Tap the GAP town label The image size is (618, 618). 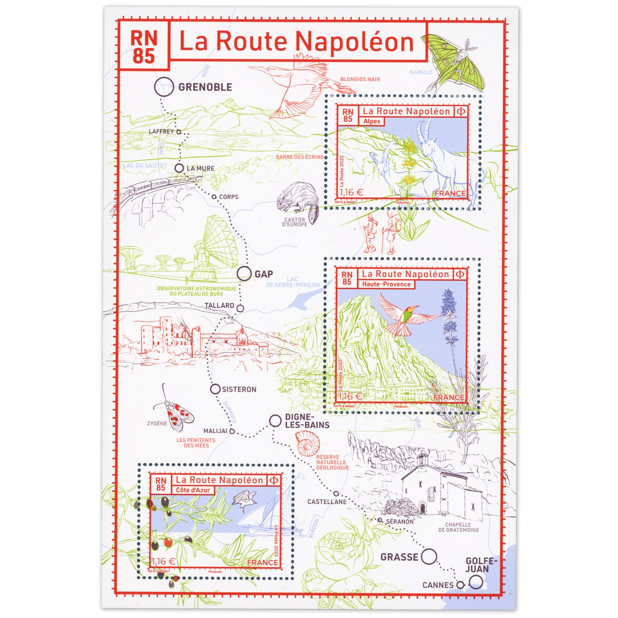pyautogui.click(x=264, y=274)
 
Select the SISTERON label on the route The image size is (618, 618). pyautogui.click(x=239, y=389)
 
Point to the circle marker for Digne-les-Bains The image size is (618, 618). pyautogui.click(x=275, y=421)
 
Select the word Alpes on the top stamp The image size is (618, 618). pyautogui.click(x=372, y=121)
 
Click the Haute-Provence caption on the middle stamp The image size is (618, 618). pyautogui.click(x=386, y=284)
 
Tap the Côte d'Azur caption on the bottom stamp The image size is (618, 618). pyautogui.click(x=193, y=490)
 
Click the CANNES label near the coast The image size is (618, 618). pyautogui.click(x=438, y=585)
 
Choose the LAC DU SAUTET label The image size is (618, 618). pyautogui.click(x=145, y=165)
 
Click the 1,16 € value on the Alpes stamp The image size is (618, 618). pyautogui.click(x=352, y=192)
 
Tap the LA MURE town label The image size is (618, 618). pyautogui.click(x=201, y=168)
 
